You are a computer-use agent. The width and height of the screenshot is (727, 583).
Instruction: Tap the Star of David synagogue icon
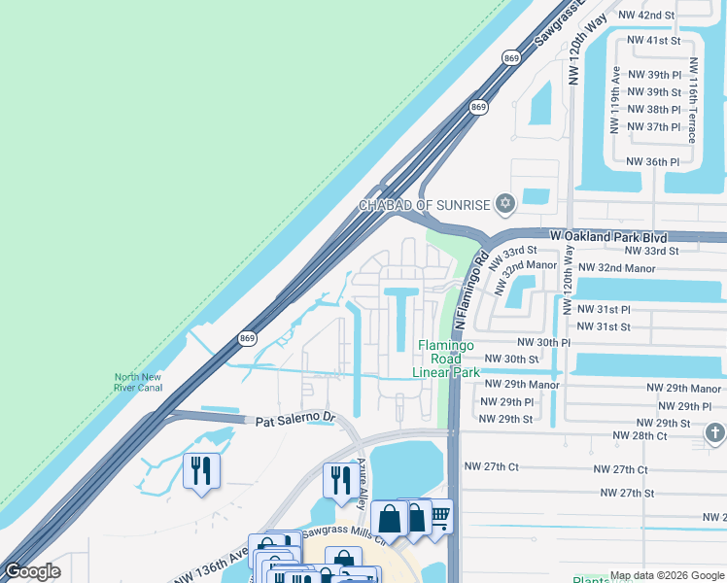pyautogui.click(x=503, y=204)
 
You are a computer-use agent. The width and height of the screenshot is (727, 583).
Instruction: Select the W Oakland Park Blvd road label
pyautogui.click(x=608, y=236)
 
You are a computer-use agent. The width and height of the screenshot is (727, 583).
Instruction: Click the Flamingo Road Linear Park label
pyautogui.click(x=446, y=359)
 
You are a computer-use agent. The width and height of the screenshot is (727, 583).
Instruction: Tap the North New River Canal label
pyautogui.click(x=138, y=382)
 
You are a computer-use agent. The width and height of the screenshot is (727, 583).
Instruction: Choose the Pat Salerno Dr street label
pyautogui.click(x=294, y=421)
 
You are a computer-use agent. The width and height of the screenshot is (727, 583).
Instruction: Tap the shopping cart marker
pyautogui.click(x=439, y=515)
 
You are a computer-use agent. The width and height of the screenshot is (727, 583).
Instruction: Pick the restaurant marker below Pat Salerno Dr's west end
pyautogui.click(x=201, y=471)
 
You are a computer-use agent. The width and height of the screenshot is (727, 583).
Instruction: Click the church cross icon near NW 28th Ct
pyautogui.click(x=714, y=432)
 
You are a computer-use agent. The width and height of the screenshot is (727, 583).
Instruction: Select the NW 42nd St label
pyautogui.click(x=650, y=16)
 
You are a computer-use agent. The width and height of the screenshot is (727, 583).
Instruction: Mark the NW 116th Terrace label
pyautogui.click(x=693, y=100)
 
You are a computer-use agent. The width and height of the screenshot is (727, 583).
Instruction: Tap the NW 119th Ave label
pyautogui.click(x=615, y=100)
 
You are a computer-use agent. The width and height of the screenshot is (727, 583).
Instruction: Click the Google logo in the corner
pyautogui.click(x=32, y=571)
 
